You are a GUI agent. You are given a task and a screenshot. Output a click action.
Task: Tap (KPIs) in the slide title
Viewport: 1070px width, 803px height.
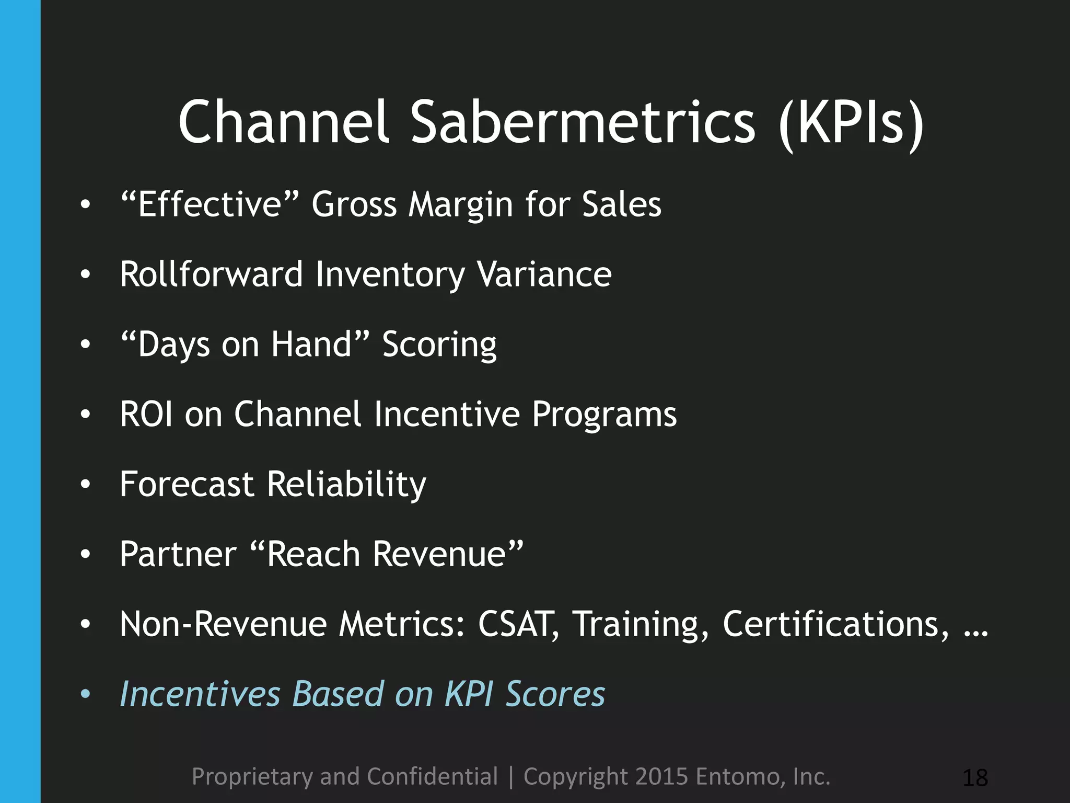(x=851, y=123)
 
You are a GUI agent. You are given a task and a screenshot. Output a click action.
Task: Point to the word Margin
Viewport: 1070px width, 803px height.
(x=460, y=205)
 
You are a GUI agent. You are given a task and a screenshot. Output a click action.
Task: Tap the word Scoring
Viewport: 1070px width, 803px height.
(x=439, y=345)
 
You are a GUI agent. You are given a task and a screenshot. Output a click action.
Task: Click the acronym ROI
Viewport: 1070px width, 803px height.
(x=146, y=414)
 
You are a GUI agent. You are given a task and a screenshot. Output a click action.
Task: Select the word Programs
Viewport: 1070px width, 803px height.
(x=604, y=415)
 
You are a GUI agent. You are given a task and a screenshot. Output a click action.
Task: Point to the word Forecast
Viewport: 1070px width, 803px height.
(x=187, y=484)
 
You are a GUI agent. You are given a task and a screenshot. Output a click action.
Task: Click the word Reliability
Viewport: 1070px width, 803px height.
(x=346, y=485)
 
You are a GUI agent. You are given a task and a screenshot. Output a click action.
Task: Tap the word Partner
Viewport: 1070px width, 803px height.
(x=178, y=554)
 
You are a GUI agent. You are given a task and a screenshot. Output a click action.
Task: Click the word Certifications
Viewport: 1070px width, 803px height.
(x=835, y=624)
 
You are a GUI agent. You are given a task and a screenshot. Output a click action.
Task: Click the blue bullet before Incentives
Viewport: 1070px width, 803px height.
(x=86, y=694)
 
